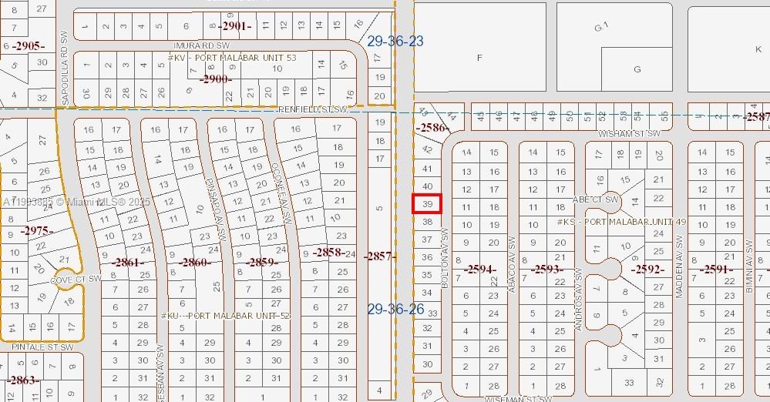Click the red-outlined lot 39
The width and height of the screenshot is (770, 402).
point(428,204)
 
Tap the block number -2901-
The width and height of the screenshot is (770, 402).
point(235,26)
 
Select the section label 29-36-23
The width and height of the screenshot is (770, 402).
point(395,41)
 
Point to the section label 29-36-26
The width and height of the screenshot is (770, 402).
point(395,309)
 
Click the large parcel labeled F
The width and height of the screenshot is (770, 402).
point(480,58)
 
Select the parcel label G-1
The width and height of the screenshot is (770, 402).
point(602,27)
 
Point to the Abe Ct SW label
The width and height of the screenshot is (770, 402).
point(597,199)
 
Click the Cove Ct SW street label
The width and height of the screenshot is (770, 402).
point(76,279)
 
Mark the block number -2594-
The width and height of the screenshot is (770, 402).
point(479,269)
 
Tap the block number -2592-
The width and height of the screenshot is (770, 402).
point(647,270)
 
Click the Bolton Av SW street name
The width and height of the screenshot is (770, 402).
point(445,258)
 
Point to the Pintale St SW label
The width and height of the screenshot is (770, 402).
point(42,347)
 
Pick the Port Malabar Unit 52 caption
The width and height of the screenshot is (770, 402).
point(226,316)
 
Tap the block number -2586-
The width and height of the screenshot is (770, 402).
point(431,127)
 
